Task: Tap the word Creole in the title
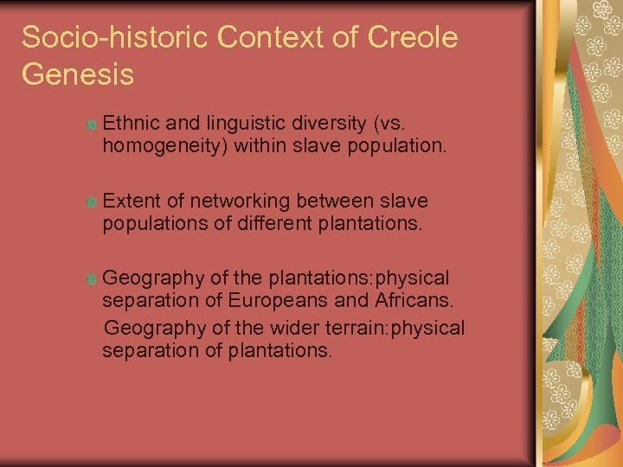pos(413,38)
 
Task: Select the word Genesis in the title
pos(78,74)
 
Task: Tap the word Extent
pos(130,202)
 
